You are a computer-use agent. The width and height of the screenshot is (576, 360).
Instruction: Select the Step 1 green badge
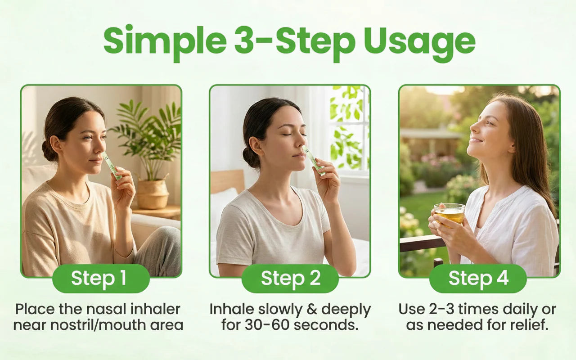point(101,279)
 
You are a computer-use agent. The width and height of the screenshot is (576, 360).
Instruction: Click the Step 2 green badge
point(290,279)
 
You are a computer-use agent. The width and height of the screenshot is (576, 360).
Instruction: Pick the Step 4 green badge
point(478,279)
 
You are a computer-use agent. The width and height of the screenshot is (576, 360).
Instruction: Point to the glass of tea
point(449,215)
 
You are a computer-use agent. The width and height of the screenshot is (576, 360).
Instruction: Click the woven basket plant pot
point(152,193)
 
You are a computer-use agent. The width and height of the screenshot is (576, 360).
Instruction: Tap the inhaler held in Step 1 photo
point(112,166)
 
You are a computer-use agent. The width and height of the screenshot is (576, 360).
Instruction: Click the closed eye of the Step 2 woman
point(287,135)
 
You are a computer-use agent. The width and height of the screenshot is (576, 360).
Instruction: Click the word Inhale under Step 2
point(231,309)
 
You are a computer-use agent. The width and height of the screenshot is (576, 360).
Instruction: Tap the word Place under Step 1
point(35,309)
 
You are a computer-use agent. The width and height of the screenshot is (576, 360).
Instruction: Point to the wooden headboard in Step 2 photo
point(227,181)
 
